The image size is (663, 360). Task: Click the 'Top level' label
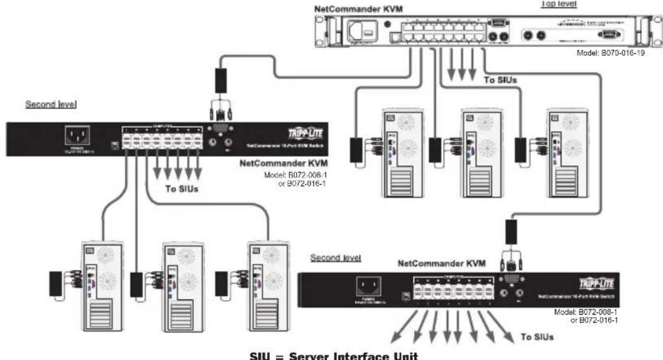coord(558,4)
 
